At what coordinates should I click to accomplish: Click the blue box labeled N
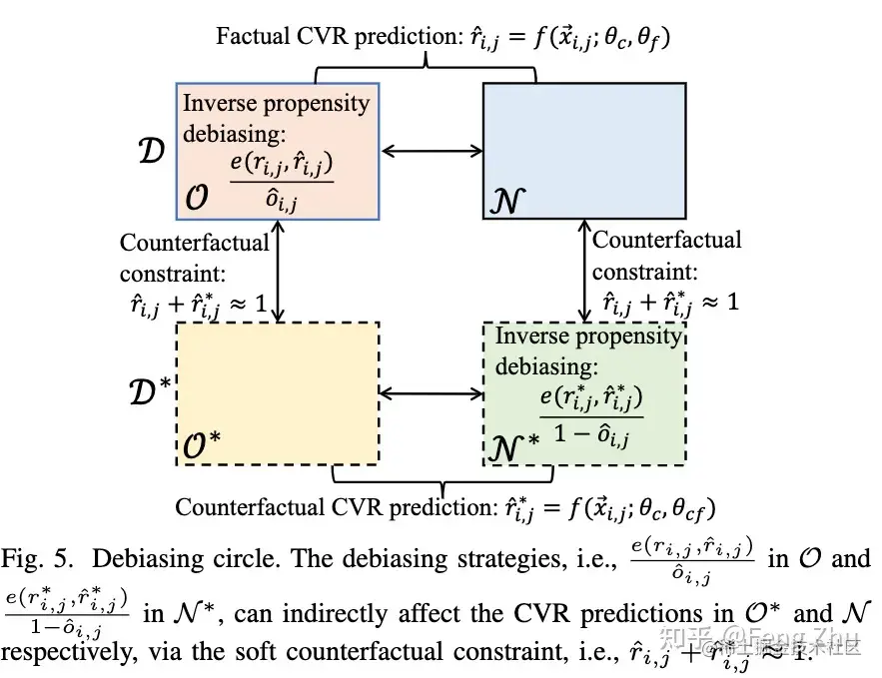584,150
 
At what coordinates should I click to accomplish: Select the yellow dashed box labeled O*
278,392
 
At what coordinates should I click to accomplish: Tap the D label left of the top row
151,152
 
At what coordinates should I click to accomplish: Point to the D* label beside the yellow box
154,391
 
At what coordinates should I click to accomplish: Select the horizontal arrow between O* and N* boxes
430,393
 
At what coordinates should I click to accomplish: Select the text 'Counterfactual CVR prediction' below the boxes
333,507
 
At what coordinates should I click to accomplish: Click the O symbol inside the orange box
198,200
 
